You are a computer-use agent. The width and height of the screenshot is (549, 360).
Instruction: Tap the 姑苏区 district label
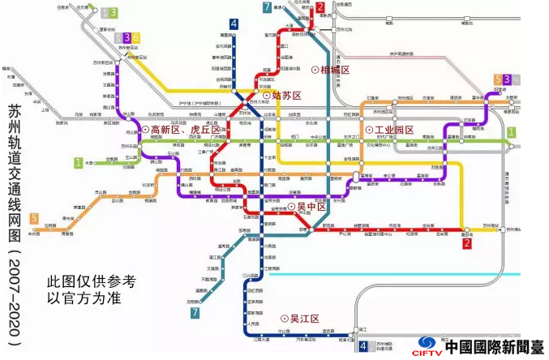tap(286, 96)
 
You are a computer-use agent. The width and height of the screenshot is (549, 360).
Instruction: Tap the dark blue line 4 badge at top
tap(234, 24)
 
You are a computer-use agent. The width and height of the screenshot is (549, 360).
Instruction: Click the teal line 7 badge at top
tap(267, 8)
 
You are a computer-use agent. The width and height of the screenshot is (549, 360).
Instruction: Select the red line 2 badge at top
tap(320, 8)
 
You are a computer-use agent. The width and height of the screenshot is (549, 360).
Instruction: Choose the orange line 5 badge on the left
tap(34, 218)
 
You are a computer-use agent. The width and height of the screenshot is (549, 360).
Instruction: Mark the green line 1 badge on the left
tap(79, 162)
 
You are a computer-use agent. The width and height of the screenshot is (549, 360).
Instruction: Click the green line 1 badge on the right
tap(511, 132)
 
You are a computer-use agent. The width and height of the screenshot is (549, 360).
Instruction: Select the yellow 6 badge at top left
tap(137, 37)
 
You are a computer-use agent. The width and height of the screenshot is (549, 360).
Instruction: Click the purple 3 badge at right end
tap(507, 79)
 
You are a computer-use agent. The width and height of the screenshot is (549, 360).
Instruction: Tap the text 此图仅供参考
tap(91, 280)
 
